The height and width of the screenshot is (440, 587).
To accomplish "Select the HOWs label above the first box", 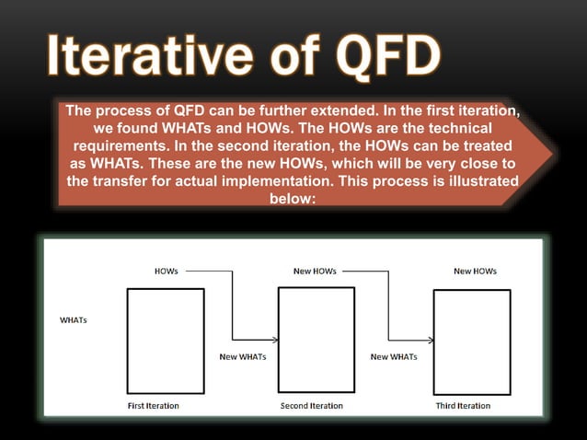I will click(x=167, y=272).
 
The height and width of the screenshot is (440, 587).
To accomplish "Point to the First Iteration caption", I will click(x=153, y=405).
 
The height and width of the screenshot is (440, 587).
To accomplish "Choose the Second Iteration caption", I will click(x=311, y=405).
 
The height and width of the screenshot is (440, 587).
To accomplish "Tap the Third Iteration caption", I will click(x=463, y=405).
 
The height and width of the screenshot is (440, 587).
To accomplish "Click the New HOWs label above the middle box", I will click(x=315, y=272).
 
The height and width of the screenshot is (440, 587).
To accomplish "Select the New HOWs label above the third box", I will click(x=475, y=272).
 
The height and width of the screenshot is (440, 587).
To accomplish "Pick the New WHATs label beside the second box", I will click(x=242, y=356).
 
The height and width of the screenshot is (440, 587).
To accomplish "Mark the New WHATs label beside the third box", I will click(x=393, y=356).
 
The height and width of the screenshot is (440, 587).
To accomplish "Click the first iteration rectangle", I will click(x=165, y=341).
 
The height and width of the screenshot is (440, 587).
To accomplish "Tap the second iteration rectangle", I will click(x=316, y=341).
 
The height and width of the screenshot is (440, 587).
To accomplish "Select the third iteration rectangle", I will click(x=471, y=341).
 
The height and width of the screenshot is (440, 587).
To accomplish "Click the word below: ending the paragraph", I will click(x=293, y=197).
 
